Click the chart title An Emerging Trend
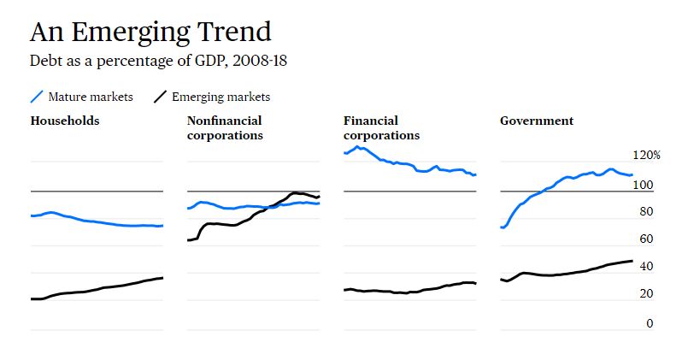coord(150,32)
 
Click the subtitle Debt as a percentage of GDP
coord(163,62)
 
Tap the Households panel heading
coord(65,121)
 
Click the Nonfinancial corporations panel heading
coord(225,127)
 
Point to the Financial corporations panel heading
coord(381,127)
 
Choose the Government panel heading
coord(537,121)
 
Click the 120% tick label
coord(646,156)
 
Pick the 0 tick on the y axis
coord(649,323)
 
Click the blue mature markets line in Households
coord(94,221)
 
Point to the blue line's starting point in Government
coord(502,227)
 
